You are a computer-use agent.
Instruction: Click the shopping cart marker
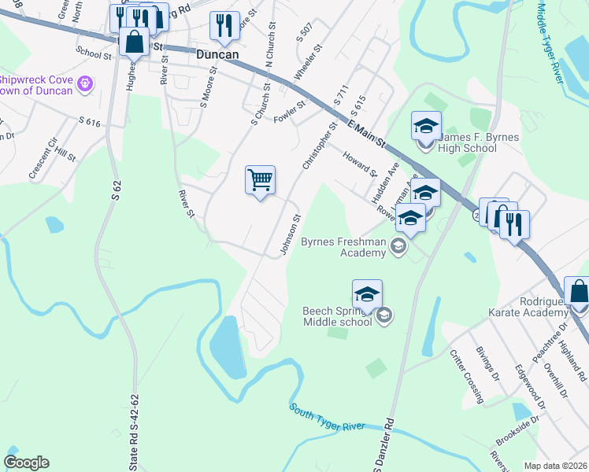[x=260, y=180]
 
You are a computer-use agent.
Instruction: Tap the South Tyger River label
[x=327, y=418]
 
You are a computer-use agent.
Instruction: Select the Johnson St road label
[x=291, y=235]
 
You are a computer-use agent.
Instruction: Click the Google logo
[x=26, y=463]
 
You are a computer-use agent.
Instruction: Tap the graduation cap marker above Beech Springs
[x=367, y=294]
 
